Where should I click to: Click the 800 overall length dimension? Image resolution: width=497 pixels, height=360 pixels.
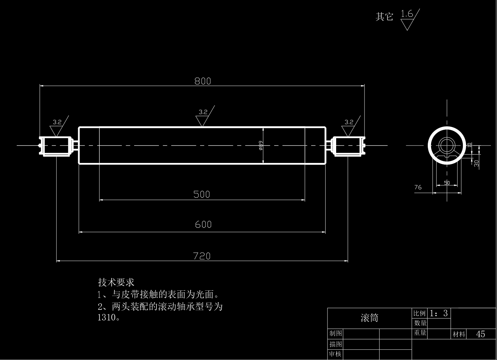203,81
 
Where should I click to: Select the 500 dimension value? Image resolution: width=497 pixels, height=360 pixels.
202,194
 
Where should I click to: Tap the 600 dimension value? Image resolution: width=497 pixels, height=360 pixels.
203,224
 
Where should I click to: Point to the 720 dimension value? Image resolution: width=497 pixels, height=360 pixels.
202,256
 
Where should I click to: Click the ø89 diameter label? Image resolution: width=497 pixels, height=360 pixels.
261,146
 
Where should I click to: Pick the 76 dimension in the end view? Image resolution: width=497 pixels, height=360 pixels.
418,187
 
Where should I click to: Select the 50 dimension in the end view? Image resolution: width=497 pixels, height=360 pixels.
447,183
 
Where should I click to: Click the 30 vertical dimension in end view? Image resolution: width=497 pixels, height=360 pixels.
476,163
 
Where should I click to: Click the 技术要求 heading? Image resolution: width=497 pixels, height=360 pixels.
116,282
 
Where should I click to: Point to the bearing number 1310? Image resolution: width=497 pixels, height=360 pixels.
107,317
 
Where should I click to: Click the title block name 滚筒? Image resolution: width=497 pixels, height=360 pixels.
369,318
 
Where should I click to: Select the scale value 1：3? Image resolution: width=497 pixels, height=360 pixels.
439,313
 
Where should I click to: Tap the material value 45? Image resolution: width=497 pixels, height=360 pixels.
480,334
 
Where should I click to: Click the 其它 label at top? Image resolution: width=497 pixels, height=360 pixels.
384,16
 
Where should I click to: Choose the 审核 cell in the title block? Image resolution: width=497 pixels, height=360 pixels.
335,354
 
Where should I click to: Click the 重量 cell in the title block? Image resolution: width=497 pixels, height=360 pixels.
420,333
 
